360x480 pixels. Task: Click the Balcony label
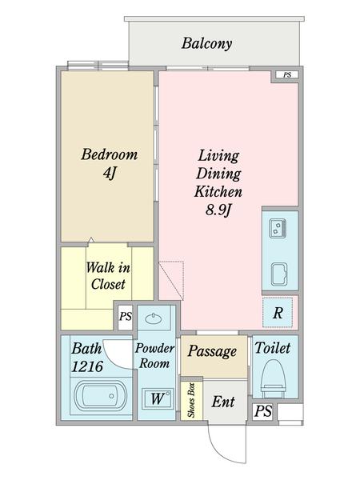point(206,43)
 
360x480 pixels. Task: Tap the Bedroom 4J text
point(110,163)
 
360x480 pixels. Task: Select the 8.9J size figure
point(218,210)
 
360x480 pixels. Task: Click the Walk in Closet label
point(108,276)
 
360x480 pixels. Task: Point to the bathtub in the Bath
point(101,396)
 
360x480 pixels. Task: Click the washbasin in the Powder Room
point(154,318)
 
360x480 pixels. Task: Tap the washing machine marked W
point(158,398)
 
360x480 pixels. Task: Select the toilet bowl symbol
point(273,377)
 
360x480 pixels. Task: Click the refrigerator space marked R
point(278,313)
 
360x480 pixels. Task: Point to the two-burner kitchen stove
point(278,228)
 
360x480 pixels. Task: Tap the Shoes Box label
point(192,400)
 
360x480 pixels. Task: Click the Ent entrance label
point(223,402)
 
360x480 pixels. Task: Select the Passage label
point(212,351)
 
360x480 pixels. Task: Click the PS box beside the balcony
point(287,74)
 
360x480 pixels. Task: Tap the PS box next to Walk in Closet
point(126,317)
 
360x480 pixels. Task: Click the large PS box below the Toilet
point(263,411)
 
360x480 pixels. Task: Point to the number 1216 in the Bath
point(87,366)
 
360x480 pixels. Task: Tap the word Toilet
point(273,348)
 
